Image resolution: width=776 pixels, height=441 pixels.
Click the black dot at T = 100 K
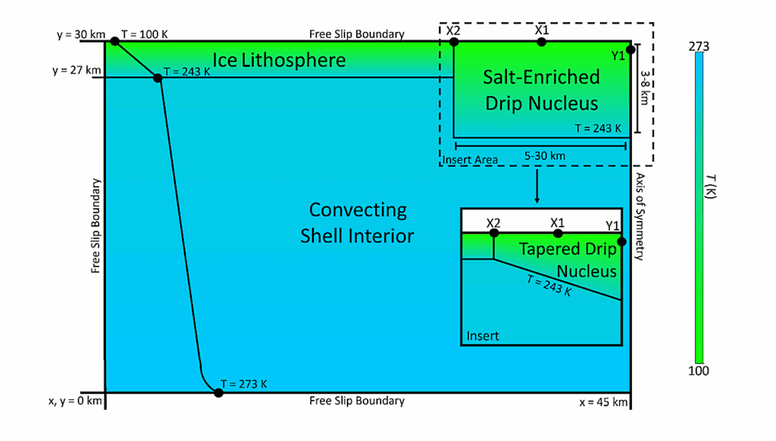[115, 41]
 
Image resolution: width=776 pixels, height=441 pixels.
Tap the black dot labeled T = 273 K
[219, 393]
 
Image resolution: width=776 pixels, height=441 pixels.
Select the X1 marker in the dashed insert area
[541, 42]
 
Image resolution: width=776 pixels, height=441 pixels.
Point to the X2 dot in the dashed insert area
[454, 42]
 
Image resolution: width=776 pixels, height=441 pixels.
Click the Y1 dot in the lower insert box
[622, 242]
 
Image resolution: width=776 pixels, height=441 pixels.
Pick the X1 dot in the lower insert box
[558, 233]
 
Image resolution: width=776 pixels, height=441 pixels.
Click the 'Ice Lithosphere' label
[279, 60]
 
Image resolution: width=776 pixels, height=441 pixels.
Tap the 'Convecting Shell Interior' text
[358, 223]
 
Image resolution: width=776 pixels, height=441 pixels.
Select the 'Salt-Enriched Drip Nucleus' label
[541, 89]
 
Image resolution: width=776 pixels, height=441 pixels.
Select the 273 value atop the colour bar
[698, 47]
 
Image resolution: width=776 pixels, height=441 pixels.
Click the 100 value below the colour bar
[698, 371]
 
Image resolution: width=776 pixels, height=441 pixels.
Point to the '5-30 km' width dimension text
[545, 157]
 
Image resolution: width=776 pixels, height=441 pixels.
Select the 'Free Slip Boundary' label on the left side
[95, 226]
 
